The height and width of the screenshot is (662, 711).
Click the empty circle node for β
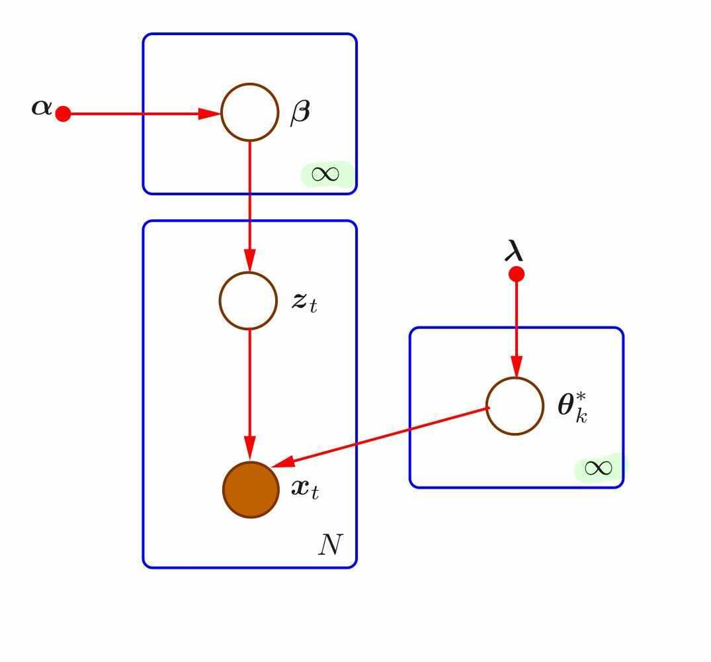[249, 113]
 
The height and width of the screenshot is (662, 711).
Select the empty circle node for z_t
[248, 301]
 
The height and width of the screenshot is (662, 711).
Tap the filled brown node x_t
[250, 489]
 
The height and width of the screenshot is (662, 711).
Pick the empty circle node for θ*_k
[515, 406]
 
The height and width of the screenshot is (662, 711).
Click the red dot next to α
[63, 114]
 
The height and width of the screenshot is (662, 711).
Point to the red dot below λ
[516, 274]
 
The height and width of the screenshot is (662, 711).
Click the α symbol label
[41, 107]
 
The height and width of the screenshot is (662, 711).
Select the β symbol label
[300, 113]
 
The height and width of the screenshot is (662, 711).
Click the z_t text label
[304, 302]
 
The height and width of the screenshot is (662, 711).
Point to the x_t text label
[305, 489]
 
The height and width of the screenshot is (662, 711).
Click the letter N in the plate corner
[330, 545]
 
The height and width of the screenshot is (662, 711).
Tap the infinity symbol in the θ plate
[598, 468]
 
